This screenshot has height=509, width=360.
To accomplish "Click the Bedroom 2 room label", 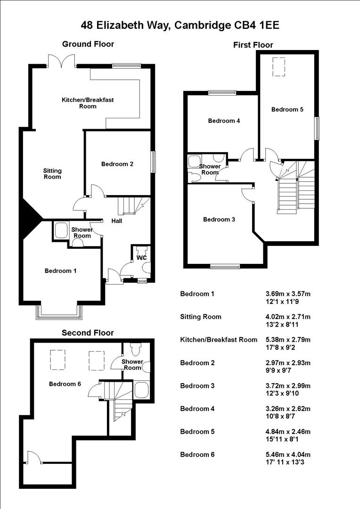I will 117,164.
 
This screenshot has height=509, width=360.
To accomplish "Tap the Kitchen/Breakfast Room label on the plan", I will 88,103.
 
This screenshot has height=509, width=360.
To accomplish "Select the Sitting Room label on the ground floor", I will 52,173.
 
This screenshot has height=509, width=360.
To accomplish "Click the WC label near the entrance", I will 141,258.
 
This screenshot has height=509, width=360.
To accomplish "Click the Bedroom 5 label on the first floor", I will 287,109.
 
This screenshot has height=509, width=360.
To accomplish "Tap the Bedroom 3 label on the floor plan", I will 219,219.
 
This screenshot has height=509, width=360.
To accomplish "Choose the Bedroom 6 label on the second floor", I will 65,384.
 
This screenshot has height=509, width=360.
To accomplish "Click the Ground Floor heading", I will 88,44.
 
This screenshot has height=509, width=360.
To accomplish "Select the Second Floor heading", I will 88,333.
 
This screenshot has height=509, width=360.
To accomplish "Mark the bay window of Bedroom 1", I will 59,313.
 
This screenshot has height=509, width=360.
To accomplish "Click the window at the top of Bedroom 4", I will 222,93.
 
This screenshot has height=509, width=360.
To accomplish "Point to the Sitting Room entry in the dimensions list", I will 201,317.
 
